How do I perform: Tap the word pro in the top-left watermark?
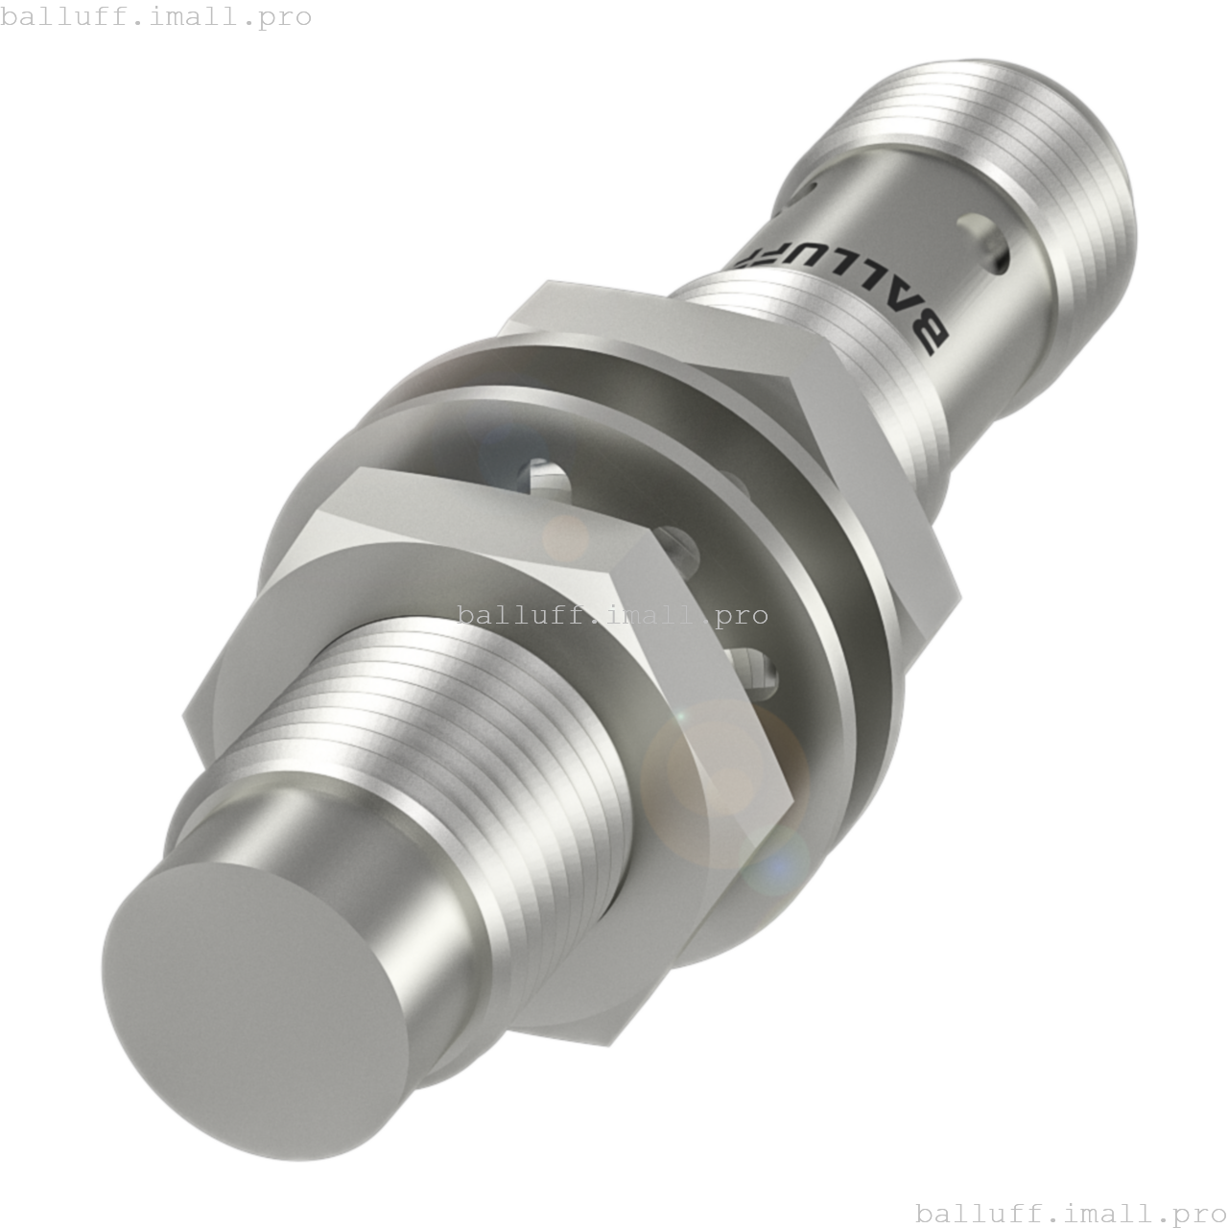[x=285, y=17]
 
